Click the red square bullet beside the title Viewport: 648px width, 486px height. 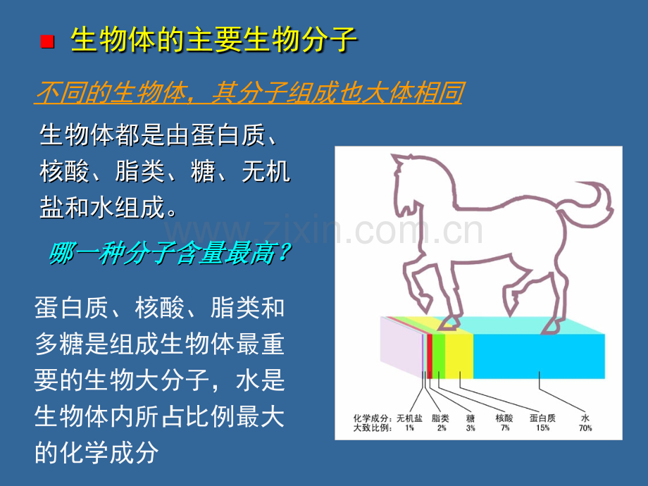tap(47, 42)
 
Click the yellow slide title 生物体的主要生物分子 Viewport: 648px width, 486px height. tap(214, 40)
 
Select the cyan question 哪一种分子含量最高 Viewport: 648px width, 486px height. tap(170, 253)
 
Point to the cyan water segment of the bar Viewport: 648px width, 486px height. tap(539, 356)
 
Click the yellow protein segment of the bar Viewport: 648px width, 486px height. tap(459, 356)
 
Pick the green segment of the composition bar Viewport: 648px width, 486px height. tap(439, 356)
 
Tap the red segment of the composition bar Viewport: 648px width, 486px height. tap(430, 356)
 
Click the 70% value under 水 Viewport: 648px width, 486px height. tap(585, 428)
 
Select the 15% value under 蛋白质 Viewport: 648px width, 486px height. tap(542, 428)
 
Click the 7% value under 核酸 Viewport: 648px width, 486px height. tap(505, 428)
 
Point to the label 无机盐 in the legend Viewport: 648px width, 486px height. tap(409, 418)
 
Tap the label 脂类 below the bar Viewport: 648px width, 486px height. tap(440, 418)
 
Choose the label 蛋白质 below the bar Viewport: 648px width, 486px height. tap(542, 418)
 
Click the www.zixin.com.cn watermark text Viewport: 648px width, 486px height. tap(324, 230)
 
